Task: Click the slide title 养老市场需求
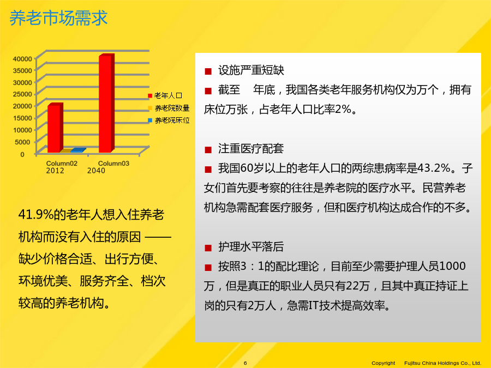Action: click(x=58, y=18)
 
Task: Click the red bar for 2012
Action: click(x=55, y=128)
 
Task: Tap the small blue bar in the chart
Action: click(x=78, y=150)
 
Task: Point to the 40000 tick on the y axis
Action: click(x=22, y=59)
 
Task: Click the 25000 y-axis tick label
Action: click(x=22, y=94)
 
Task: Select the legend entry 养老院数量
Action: click(x=169, y=108)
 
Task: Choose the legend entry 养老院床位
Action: click(x=169, y=120)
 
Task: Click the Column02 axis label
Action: click(x=62, y=164)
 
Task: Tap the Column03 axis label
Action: click(x=113, y=164)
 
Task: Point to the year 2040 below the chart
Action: click(x=96, y=171)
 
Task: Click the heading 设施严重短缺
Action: click(x=251, y=70)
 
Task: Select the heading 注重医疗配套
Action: click(x=251, y=149)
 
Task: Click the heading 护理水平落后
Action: click(x=251, y=247)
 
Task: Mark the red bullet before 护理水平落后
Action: click(x=208, y=248)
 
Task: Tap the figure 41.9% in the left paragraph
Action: click(x=36, y=215)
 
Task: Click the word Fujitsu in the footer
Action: click(x=412, y=363)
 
